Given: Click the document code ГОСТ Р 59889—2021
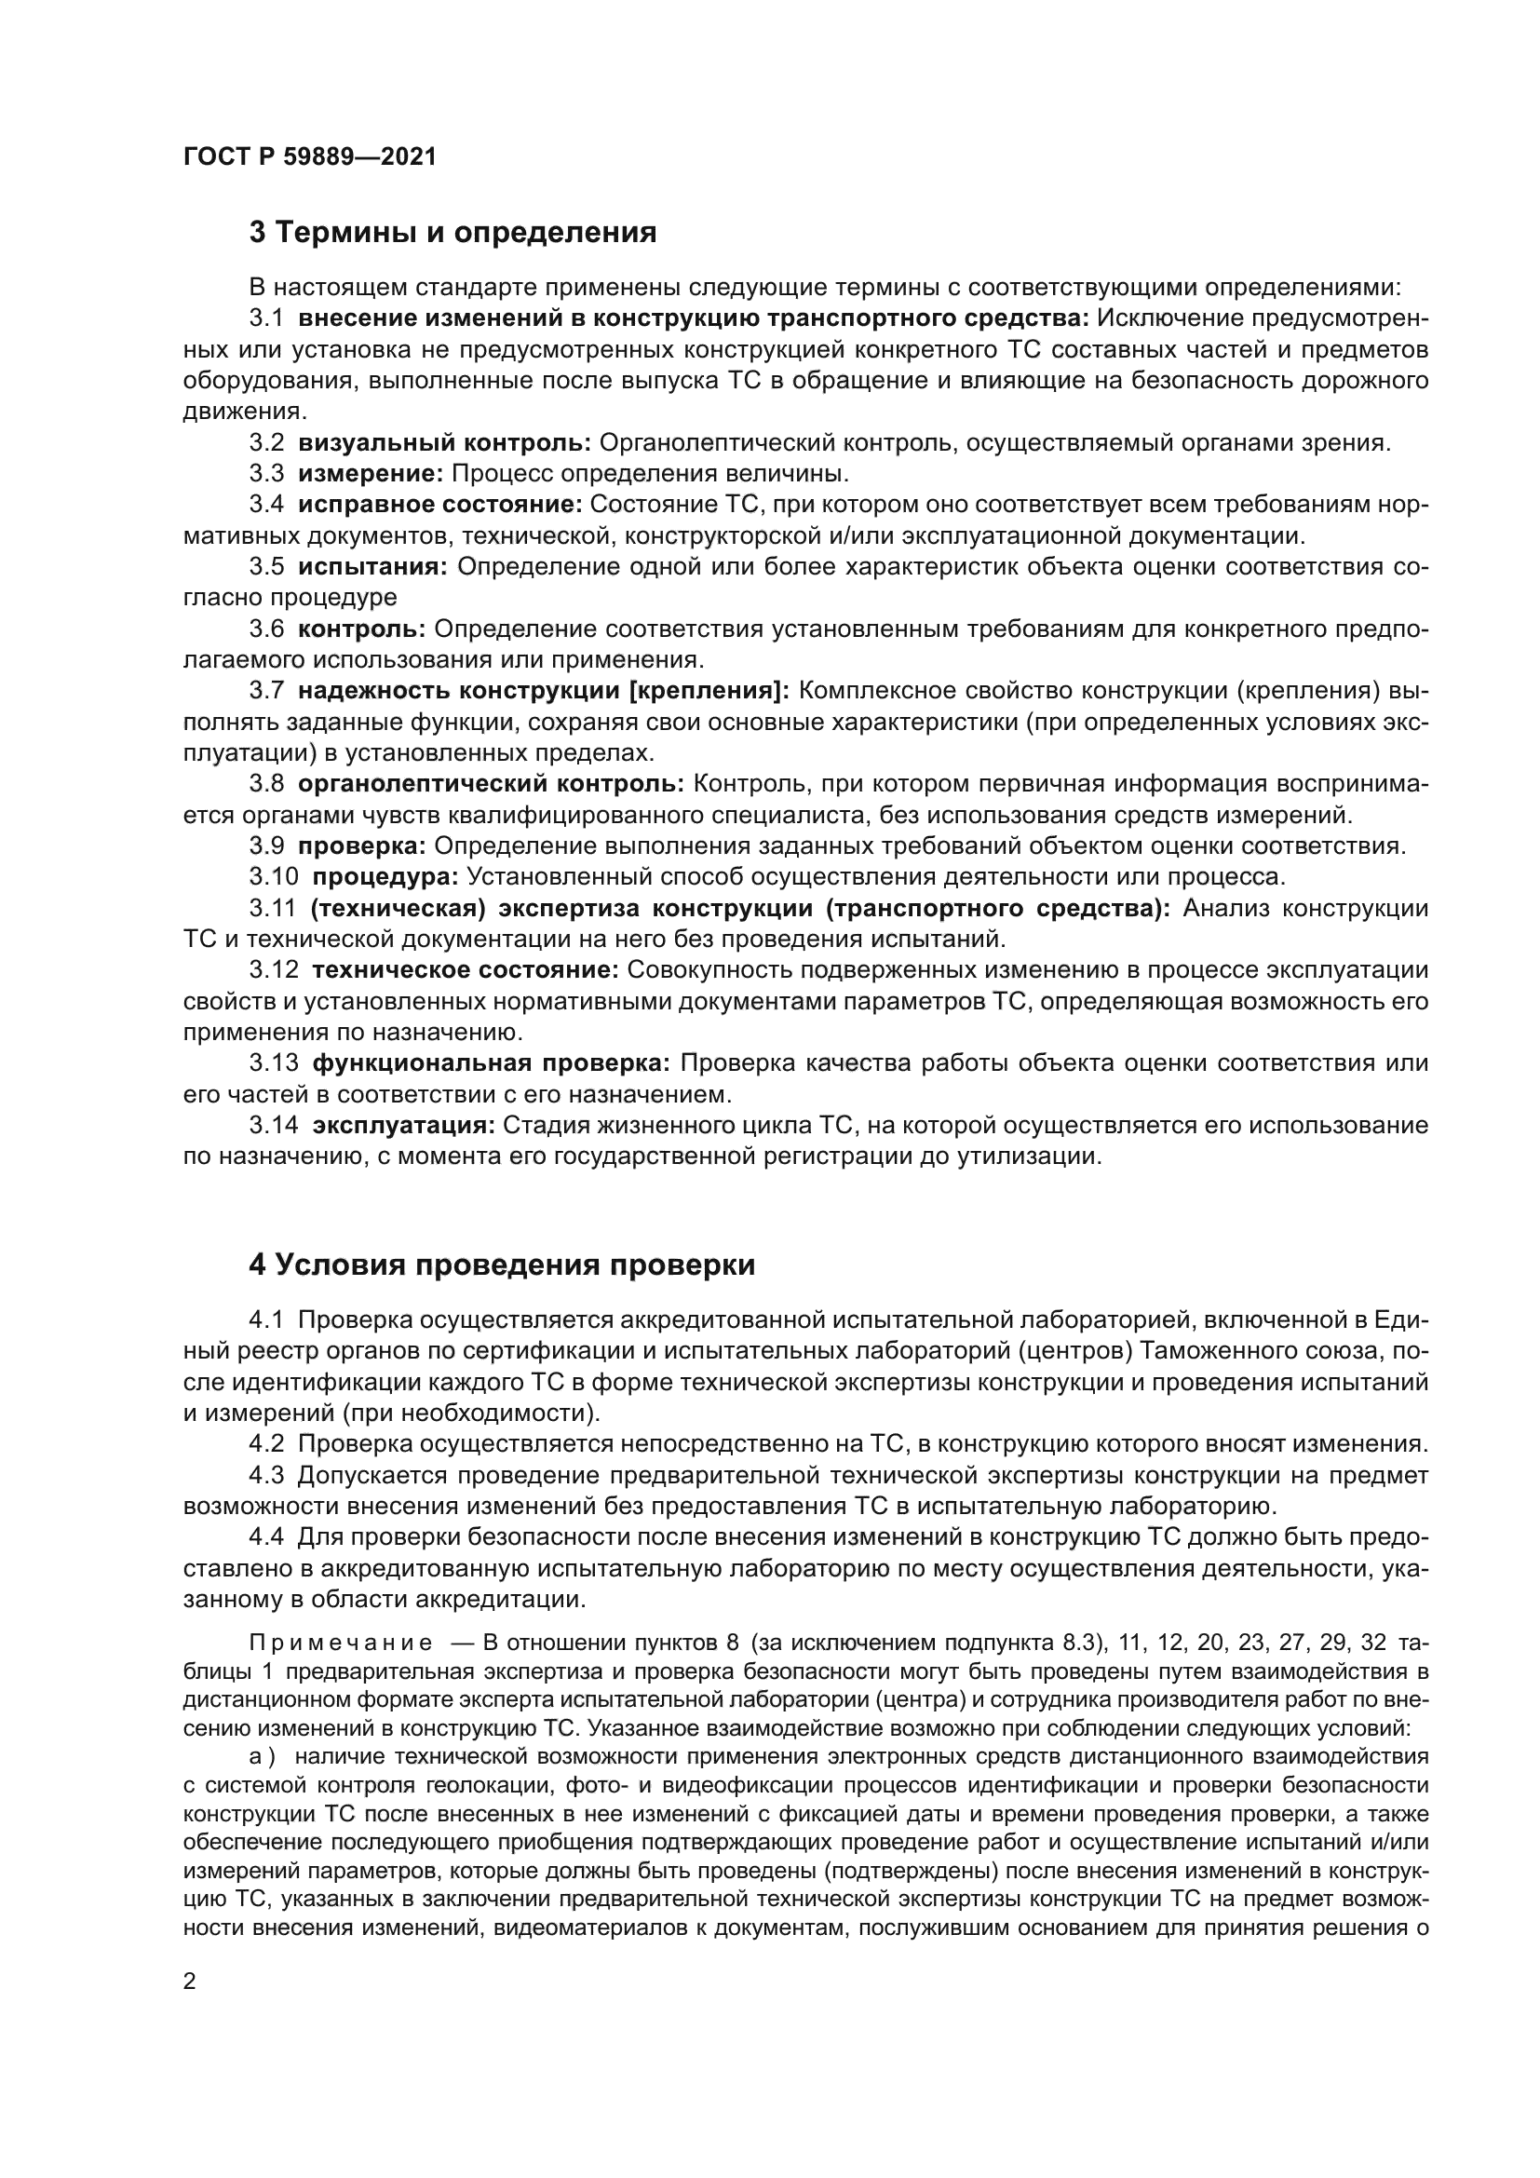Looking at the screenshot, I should (310, 157).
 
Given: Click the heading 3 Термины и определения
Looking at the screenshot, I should (453, 233).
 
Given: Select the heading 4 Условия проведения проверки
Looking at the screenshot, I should (502, 1265).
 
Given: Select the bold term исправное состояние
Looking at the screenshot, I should (440, 505).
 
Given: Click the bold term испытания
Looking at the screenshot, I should (372, 566).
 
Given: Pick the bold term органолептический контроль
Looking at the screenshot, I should (491, 783).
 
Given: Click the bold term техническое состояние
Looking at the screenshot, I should (465, 969).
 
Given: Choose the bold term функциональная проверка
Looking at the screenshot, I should (492, 1063).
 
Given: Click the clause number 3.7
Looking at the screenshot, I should (266, 692).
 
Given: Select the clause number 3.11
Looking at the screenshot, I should (273, 909).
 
